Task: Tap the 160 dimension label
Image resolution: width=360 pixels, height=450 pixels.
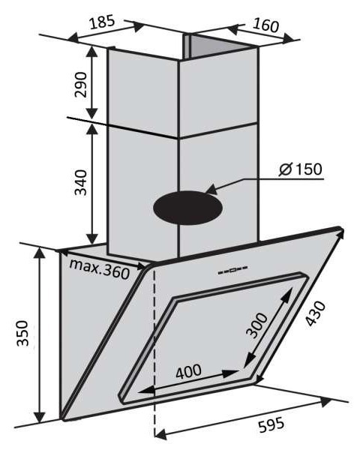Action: [x=265, y=25]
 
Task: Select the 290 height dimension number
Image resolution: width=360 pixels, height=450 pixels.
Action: [x=81, y=85]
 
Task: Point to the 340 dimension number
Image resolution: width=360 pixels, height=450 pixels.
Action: [x=81, y=182]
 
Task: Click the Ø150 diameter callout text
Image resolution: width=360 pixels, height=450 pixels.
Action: [x=301, y=169]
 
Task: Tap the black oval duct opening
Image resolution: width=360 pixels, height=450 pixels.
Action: [x=188, y=208]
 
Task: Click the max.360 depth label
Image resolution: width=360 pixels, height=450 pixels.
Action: [x=100, y=268]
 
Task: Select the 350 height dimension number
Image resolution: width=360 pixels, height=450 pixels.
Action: [x=22, y=334]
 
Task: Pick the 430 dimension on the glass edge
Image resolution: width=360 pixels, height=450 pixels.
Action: [x=315, y=313]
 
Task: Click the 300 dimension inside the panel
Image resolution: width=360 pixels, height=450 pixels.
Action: [x=256, y=325]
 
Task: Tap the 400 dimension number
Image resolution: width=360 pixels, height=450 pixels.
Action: [x=188, y=371]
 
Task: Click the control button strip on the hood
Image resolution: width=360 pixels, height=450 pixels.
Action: [x=232, y=270]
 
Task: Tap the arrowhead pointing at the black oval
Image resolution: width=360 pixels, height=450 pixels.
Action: [x=211, y=190]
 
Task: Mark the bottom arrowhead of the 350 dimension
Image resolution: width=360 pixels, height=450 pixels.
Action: [x=39, y=417]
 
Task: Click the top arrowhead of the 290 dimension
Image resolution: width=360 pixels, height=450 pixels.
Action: [x=91, y=52]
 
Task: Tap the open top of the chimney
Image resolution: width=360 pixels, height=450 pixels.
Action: [x=218, y=46]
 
